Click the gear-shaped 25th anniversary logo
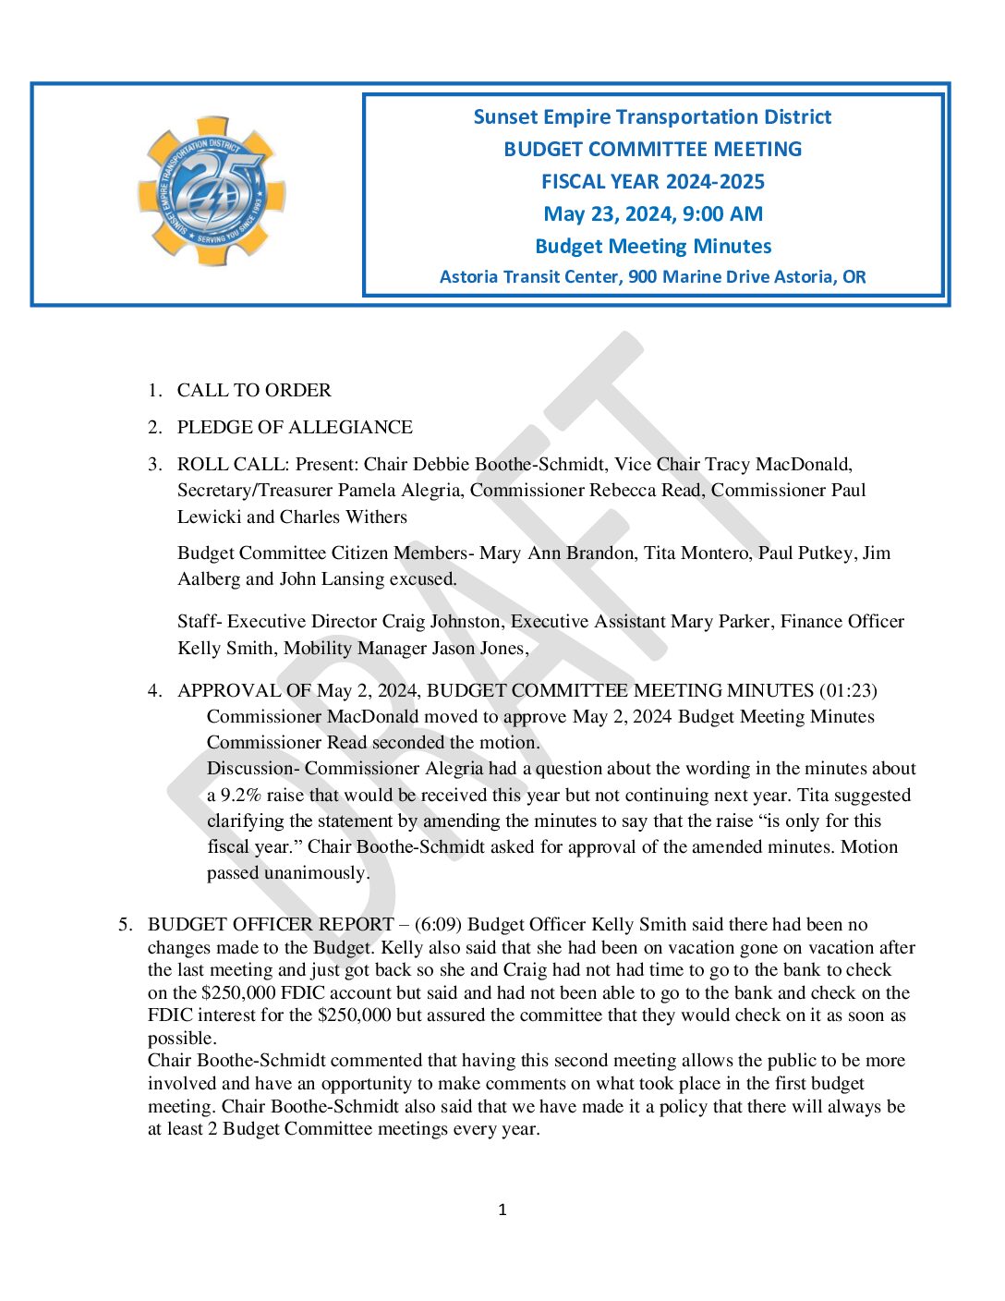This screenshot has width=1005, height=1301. tap(212, 192)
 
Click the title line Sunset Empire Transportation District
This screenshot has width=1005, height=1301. tap(652, 117)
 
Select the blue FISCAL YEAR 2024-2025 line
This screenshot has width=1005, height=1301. tap(652, 182)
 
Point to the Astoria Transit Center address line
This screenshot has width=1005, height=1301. tap(652, 277)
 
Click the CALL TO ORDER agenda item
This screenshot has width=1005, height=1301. tap(254, 391)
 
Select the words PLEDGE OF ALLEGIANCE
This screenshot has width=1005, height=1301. tap(295, 428)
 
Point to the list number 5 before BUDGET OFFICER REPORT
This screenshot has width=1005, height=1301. tap(125, 925)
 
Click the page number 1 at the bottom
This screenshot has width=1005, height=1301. tap(502, 1210)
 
